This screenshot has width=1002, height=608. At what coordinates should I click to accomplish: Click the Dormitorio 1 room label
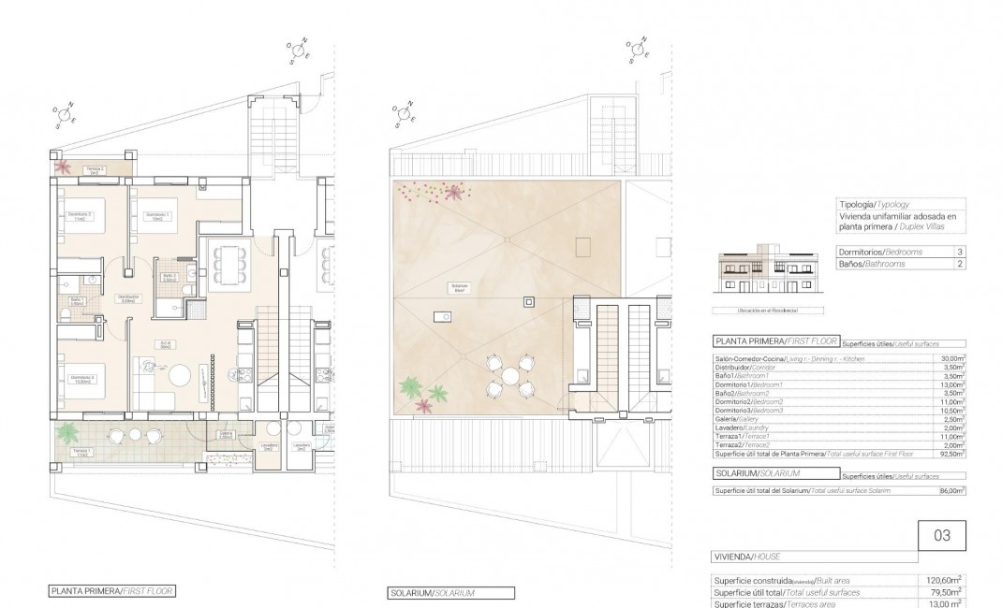pos(156,215)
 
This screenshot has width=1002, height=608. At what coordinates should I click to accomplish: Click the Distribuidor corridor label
pos(127,299)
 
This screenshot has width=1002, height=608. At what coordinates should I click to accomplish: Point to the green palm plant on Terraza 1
pos(67,432)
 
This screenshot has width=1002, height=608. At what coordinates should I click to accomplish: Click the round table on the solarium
pos(510,376)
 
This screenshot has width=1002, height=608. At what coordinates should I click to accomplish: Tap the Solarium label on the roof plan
pos(459,288)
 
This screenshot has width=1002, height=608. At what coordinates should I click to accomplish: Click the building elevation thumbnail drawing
pos(765,272)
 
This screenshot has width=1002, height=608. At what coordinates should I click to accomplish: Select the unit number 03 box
pos(942,536)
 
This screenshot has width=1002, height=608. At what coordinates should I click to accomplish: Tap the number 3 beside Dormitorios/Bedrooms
pos(959,252)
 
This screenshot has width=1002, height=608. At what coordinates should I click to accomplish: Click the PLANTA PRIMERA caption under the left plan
pos(111,591)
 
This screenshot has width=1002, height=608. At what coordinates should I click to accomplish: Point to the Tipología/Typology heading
pos(872,204)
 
